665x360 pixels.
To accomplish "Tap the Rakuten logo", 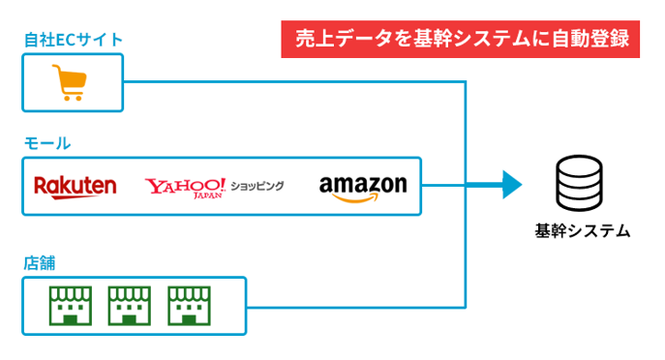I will click(75, 186).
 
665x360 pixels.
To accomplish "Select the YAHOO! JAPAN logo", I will click(185, 186).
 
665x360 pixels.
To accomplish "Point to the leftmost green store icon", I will click(68, 305).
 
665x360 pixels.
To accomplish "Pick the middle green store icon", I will click(128, 305).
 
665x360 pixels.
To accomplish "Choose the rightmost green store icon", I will click(187, 305).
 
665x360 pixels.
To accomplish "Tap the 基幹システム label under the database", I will click(582, 231).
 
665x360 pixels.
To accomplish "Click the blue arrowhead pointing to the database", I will click(511, 184).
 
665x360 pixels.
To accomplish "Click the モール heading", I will click(46, 143).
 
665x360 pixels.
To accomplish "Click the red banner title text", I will click(461, 40).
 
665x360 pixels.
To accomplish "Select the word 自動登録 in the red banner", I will click(590, 40).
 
